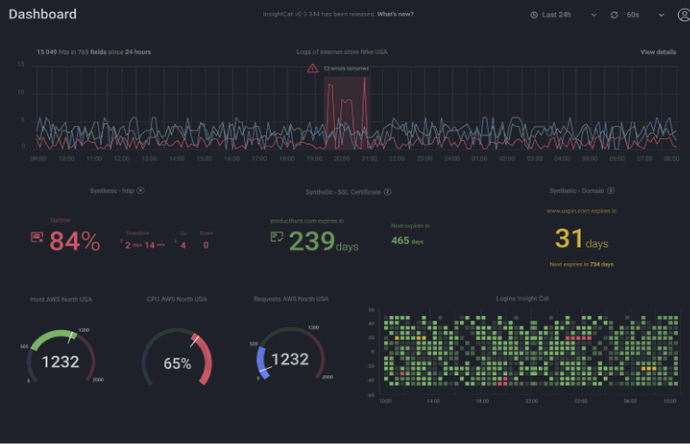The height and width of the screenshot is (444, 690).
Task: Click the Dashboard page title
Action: [43, 15]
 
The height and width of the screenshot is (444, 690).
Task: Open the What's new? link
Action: [396, 15]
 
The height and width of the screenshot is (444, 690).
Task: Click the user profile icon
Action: [684, 15]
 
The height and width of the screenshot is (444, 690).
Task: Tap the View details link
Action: [658, 52]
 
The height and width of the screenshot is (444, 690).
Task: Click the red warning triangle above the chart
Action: [313, 68]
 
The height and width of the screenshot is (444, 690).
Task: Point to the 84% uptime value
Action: [74, 242]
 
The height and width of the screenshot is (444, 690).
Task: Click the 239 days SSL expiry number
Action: [312, 241]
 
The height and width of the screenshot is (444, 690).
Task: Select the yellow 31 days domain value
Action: [569, 238]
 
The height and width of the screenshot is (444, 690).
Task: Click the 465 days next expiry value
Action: [401, 241]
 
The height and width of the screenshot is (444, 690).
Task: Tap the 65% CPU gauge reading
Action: [177, 363]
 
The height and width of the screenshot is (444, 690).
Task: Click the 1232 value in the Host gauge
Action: [61, 360]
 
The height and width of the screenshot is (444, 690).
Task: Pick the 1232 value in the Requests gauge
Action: [289, 360]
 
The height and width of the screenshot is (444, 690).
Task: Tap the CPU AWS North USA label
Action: [176, 299]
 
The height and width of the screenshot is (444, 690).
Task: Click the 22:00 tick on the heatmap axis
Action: [530, 401]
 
